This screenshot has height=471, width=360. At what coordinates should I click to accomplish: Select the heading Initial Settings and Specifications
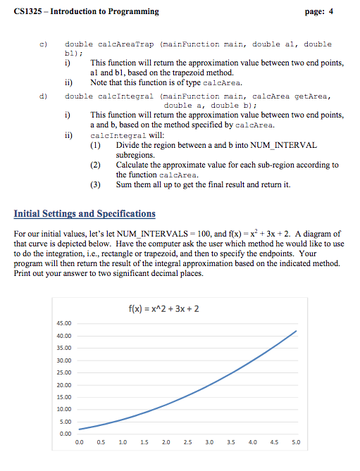(x=85, y=213)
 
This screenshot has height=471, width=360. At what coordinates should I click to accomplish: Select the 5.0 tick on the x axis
(x=295, y=443)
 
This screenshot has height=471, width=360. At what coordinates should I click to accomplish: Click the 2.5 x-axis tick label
(x=187, y=443)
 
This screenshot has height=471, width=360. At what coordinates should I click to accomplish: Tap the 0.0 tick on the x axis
(x=80, y=443)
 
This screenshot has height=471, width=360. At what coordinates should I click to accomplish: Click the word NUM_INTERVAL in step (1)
(x=282, y=144)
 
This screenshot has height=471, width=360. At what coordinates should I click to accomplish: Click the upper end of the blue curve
(x=296, y=331)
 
